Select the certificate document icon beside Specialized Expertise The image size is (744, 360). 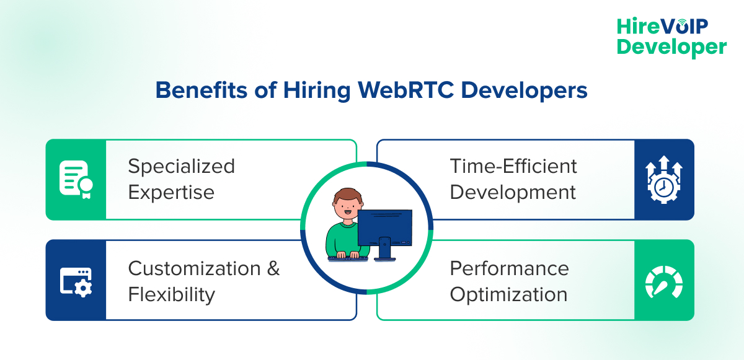click(75, 180)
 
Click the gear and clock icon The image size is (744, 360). click(664, 180)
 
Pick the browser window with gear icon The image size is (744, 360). click(75, 280)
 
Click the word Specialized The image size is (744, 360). click(181, 166)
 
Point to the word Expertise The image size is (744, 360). click(171, 192)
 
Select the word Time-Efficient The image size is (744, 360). click(513, 166)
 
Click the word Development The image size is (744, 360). click(513, 192)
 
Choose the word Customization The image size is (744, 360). click(194, 268)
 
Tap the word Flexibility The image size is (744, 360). click(171, 294)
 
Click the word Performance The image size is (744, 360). click(509, 268)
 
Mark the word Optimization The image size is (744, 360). click(508, 294)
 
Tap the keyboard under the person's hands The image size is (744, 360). click(348, 257)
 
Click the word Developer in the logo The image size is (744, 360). click(671, 47)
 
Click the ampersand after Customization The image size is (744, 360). click(273, 268)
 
